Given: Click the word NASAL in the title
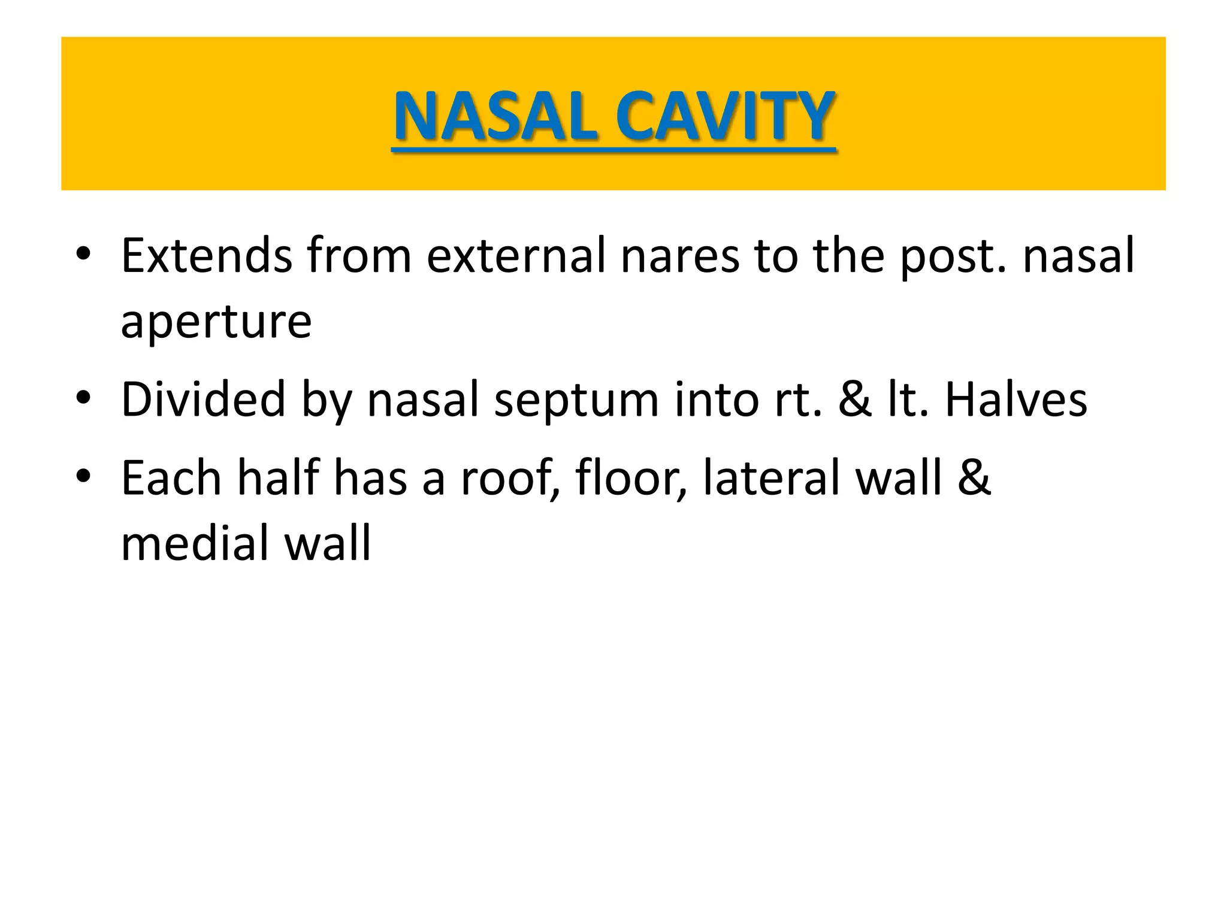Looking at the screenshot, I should click(x=495, y=117).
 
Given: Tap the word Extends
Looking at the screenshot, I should click(x=206, y=256).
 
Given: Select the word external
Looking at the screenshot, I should click(x=516, y=256).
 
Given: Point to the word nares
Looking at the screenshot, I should click(x=680, y=256).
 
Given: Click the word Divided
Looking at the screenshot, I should click(x=203, y=400).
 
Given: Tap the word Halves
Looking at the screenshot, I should click(x=1016, y=400).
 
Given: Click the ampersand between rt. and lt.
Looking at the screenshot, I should click(x=855, y=400).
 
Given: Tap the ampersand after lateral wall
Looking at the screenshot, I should click(x=974, y=478).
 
